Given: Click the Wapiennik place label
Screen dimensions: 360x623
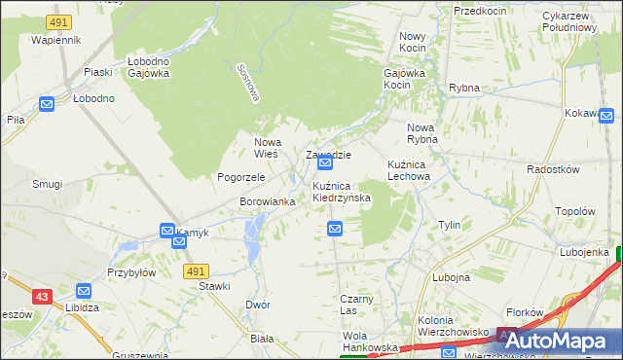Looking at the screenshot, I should coord(55,40).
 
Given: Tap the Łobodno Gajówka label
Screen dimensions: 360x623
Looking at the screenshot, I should coord(149,66).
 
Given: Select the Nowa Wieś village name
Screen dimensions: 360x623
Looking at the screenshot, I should coord(267,147).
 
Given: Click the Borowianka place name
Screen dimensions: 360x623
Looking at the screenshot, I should coord(267,201).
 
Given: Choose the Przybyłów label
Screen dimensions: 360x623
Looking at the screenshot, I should coord(131,272).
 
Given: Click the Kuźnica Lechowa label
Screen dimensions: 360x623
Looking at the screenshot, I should coord(408,171).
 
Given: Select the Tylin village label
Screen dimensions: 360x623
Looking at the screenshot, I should coord(449,225).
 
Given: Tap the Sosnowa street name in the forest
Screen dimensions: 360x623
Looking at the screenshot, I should coord(250,84).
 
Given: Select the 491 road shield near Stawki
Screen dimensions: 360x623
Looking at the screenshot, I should coord(196,270).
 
